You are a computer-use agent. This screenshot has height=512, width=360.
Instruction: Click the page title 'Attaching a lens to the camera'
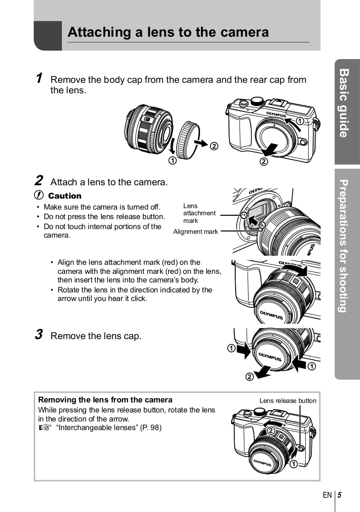[x=168, y=32]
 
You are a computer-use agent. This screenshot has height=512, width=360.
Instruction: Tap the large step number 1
[x=39, y=79]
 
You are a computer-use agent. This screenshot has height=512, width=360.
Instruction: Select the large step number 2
[x=39, y=181]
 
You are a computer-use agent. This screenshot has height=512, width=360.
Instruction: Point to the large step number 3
[x=39, y=335]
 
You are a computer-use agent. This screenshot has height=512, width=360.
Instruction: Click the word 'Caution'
[x=65, y=196]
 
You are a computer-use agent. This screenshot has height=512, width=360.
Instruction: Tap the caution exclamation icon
[x=39, y=196]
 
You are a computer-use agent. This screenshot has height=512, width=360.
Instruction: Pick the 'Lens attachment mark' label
[x=199, y=213]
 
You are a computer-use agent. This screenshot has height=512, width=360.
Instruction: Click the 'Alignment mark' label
[x=195, y=232]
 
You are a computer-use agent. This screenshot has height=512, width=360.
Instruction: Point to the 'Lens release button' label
[x=288, y=401]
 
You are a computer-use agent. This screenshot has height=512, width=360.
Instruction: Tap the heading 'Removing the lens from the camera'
[x=105, y=400]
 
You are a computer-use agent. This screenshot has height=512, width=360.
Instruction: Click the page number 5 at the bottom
[x=340, y=495]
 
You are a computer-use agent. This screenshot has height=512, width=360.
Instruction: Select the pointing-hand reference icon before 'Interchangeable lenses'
[x=44, y=428]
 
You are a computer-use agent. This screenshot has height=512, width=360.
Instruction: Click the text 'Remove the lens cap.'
[x=96, y=336]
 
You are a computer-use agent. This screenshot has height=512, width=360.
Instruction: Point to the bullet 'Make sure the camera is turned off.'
[x=102, y=207]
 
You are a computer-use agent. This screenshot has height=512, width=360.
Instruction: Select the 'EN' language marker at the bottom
[x=327, y=495]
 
